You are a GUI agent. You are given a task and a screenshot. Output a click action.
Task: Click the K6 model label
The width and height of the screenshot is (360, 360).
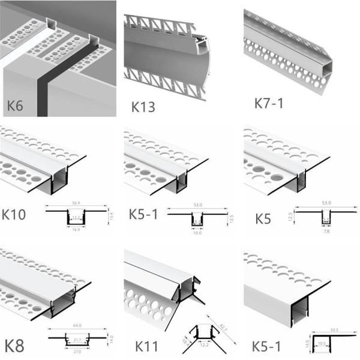coord(17,107)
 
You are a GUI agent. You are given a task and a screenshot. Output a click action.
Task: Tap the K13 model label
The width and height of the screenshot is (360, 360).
coord(143,107)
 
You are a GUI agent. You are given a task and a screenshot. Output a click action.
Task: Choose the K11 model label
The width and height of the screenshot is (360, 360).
coord(146,347)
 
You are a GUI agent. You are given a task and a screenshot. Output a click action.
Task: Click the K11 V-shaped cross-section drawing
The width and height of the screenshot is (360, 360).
coord(200,337)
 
